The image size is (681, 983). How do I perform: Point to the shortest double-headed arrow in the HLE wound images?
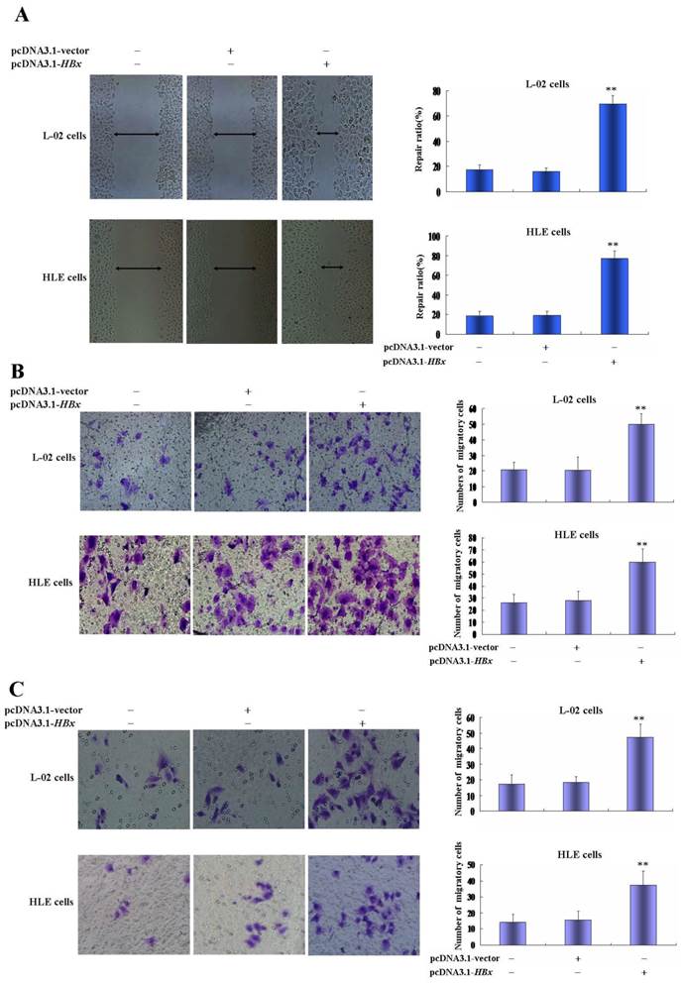332,267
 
